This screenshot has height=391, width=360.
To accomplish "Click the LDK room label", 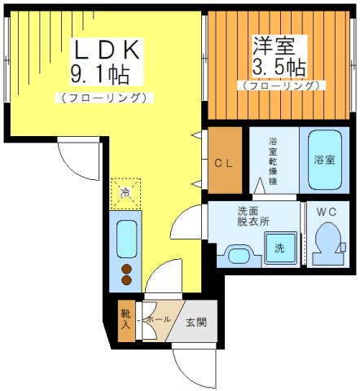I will coord(103,50).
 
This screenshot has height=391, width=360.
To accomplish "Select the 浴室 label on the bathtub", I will coord(324,160).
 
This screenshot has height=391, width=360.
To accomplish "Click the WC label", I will coord(327,213).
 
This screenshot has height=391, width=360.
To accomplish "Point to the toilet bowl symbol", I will coord(328,244).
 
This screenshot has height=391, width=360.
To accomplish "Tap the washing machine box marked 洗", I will coord(279,248).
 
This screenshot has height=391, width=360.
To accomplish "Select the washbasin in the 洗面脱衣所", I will coord(238,257).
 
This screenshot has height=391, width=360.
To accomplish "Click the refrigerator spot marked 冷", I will coord(125,193).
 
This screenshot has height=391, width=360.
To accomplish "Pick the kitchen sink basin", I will coord(126,238).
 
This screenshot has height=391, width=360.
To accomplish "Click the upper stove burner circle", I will coord(126,267).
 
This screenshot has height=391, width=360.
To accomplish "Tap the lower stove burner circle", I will coord(126,280).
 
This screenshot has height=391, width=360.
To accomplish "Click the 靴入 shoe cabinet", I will coord(126,320).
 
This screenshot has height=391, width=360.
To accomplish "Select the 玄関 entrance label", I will coord(195,322).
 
